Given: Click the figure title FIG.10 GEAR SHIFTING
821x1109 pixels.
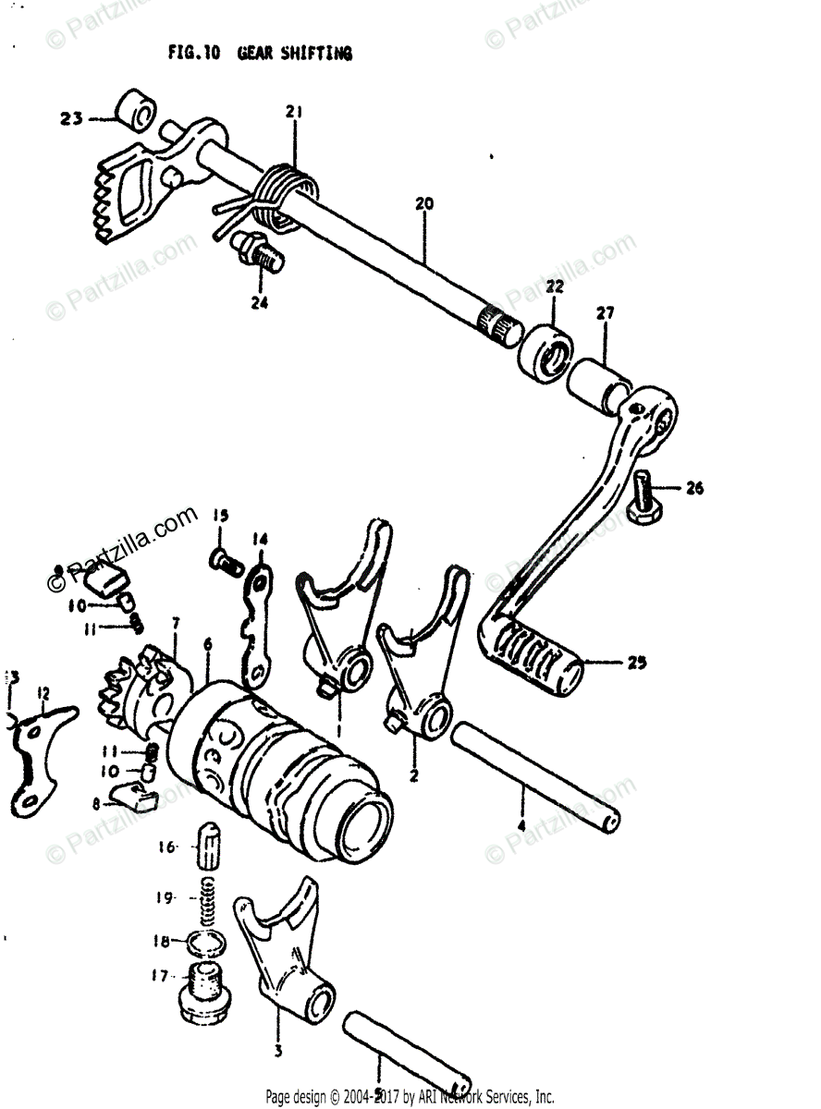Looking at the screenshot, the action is (x=260, y=54).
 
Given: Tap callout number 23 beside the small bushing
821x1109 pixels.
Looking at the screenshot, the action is (x=72, y=118).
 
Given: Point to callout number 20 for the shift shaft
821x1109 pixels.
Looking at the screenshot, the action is (x=424, y=203).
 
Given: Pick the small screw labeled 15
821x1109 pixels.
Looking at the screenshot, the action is (x=224, y=558).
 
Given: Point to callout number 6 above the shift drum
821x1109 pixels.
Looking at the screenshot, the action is (x=208, y=643).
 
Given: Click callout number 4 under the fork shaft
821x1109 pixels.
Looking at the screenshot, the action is (x=521, y=825).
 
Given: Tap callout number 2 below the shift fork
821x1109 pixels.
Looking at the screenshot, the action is (x=414, y=774).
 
